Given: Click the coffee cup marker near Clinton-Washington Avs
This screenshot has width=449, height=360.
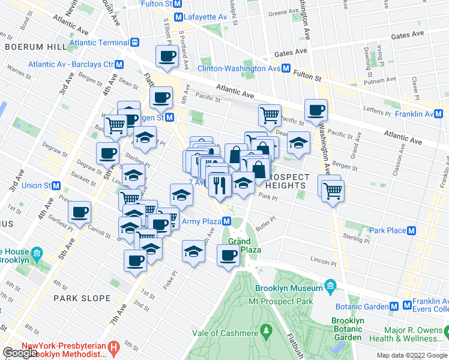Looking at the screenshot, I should click(x=166, y=57).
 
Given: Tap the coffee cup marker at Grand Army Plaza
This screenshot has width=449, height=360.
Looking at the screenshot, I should click(x=228, y=255).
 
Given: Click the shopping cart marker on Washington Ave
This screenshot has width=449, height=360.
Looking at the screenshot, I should click(x=332, y=190).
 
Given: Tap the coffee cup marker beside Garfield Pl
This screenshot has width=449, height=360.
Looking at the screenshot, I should click(x=79, y=212).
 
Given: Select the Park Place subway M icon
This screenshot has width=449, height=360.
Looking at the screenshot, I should click(x=412, y=230).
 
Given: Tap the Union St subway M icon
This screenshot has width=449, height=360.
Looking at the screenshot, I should click(x=56, y=185).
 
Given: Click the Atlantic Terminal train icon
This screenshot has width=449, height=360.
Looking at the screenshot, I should click(x=136, y=43).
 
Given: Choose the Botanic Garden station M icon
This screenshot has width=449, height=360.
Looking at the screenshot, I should click(x=394, y=306).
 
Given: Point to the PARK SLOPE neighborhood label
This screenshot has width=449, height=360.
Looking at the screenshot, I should click(x=82, y=298).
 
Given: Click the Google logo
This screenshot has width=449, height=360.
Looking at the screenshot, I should click(x=20, y=353).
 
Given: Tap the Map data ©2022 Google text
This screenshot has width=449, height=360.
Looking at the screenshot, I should click(x=411, y=355).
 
